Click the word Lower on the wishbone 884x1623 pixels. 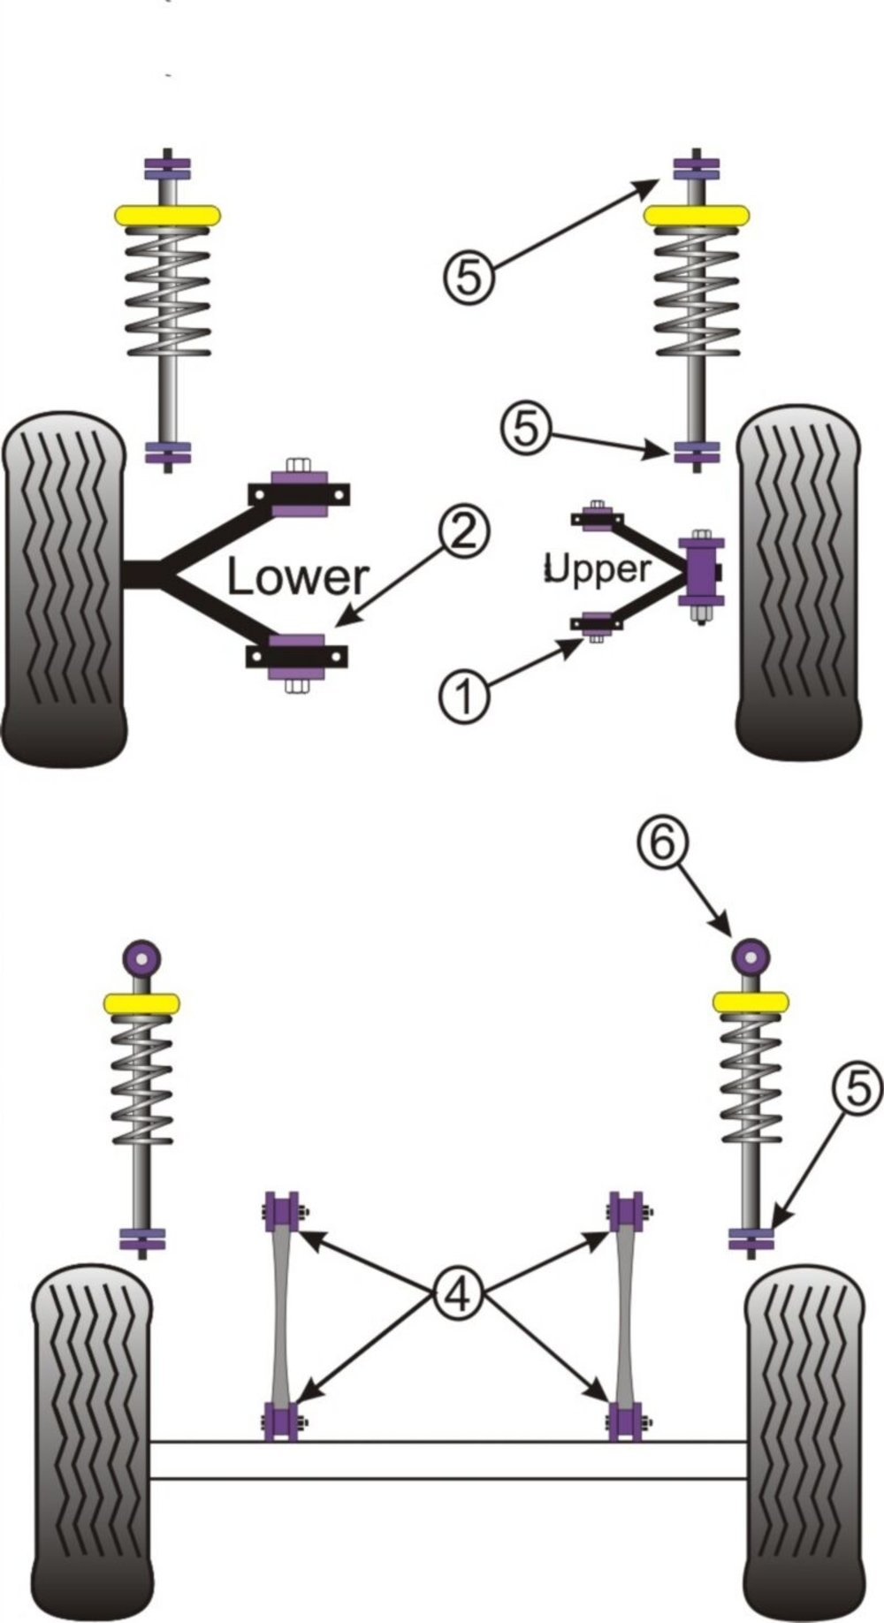(x=297, y=577)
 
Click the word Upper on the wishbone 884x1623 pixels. (x=598, y=568)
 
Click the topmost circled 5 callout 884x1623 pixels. (x=469, y=278)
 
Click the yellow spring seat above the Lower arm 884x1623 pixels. (x=166, y=216)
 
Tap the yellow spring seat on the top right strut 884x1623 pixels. (x=697, y=216)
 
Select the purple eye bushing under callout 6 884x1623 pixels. (x=751, y=956)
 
